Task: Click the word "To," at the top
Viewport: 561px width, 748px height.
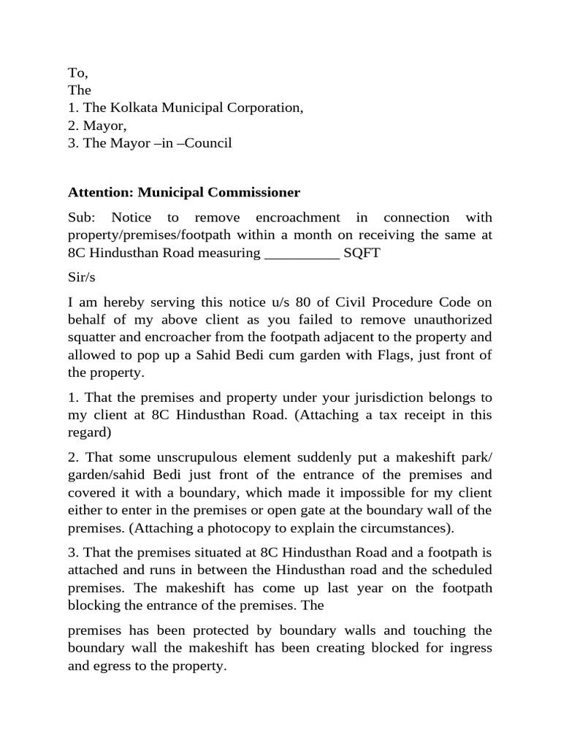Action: click(77, 72)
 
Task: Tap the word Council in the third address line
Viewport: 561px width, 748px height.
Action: click(207, 142)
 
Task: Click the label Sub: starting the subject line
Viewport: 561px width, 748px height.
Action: click(82, 218)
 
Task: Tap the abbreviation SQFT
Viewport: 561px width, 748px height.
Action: click(362, 253)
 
